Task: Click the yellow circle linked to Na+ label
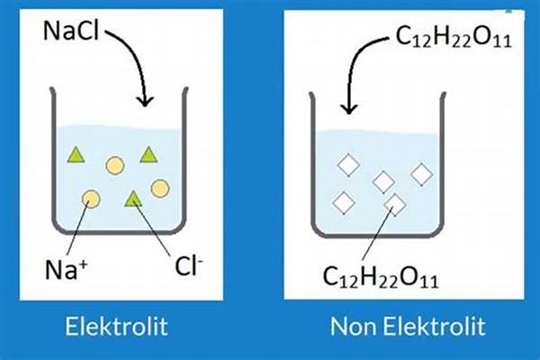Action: coord(91,199)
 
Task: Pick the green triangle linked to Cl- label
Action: coord(133,198)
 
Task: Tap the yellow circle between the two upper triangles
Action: coord(115,165)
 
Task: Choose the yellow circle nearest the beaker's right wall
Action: coord(160,187)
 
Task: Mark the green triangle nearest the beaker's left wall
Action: coord(75,155)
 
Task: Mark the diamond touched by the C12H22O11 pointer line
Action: coord(394,203)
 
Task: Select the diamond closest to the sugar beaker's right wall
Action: coord(422,172)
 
